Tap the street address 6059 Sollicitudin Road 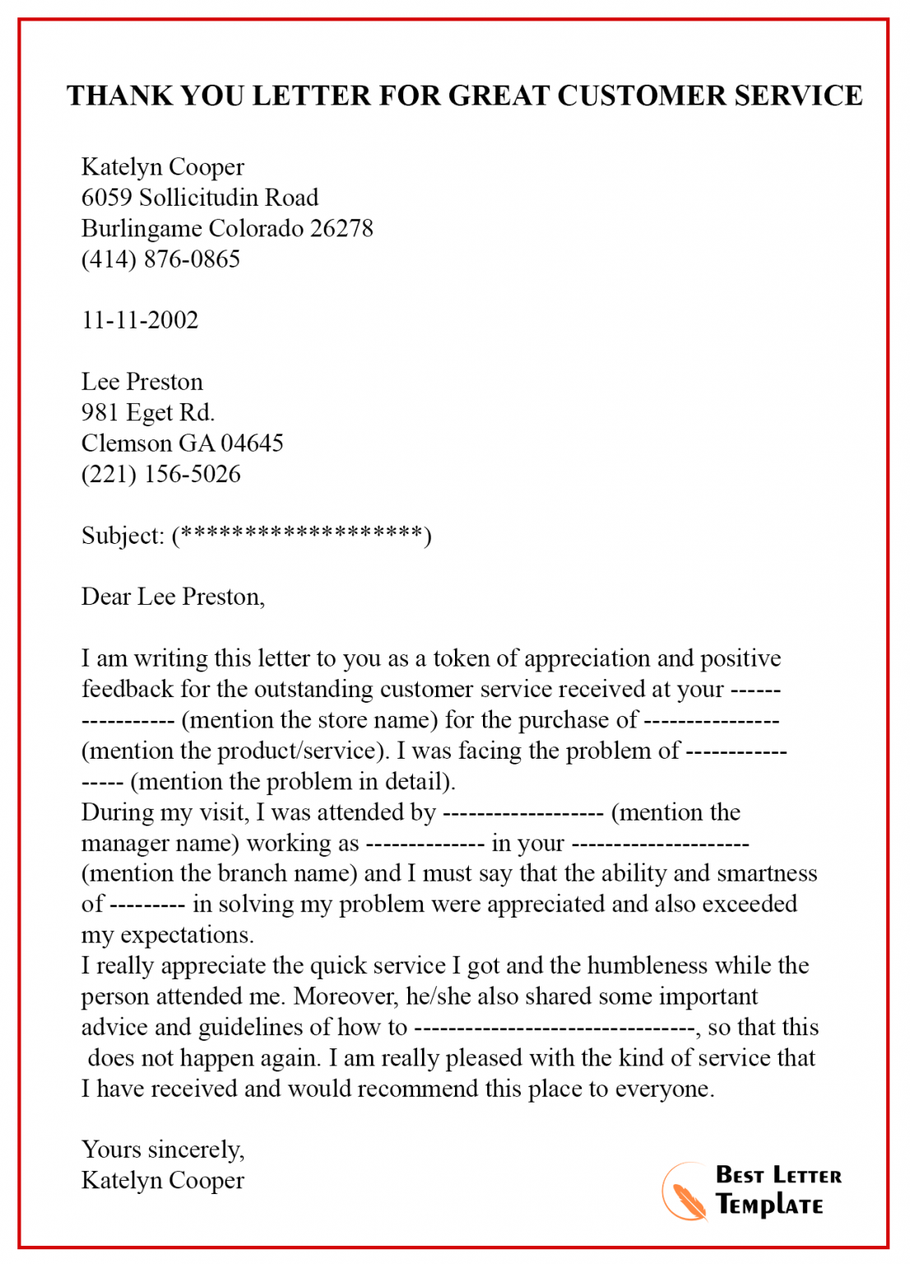[200, 197]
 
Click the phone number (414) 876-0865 [160, 259]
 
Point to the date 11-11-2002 [140, 320]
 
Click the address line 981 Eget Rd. [148, 412]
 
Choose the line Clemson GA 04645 [182, 444]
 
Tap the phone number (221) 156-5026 [160, 474]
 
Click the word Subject [121, 536]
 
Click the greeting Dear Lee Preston [173, 597]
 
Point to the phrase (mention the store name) [309, 720]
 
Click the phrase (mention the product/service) [235, 750]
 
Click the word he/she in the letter [439, 997]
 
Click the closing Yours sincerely [162, 1150]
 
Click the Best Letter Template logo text [778, 1191]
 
